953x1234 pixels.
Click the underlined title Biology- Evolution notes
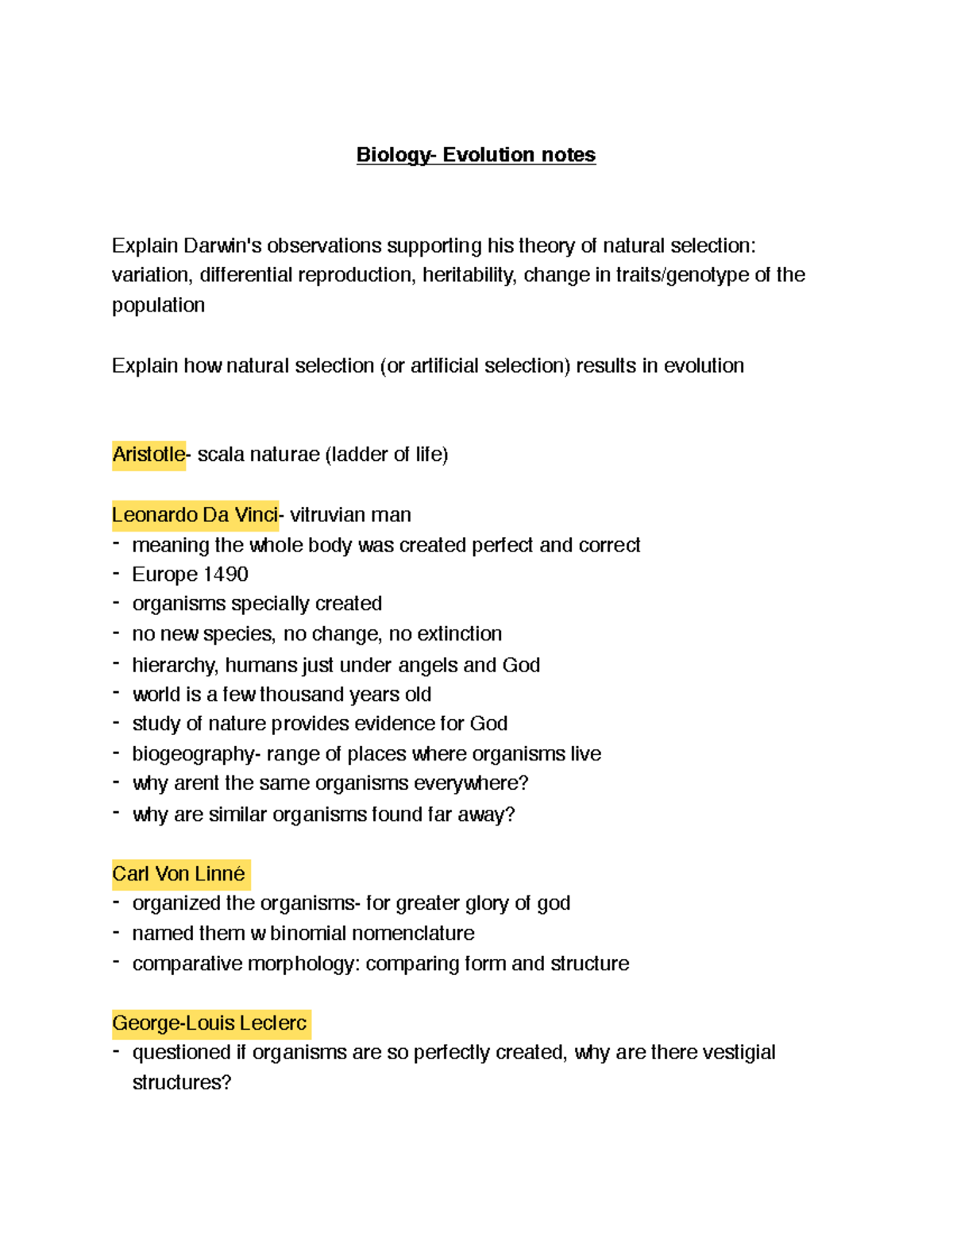tap(476, 155)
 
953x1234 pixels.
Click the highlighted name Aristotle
tap(149, 455)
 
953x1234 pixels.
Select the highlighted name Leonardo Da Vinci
tap(195, 515)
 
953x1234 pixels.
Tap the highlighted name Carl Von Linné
tap(179, 874)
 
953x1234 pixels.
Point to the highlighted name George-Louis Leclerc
tap(210, 1023)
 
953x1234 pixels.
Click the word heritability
tap(469, 275)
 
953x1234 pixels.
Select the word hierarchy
tap(175, 665)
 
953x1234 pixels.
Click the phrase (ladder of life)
tap(386, 455)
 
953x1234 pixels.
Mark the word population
tap(158, 305)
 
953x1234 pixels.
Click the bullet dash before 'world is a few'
tap(117, 694)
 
